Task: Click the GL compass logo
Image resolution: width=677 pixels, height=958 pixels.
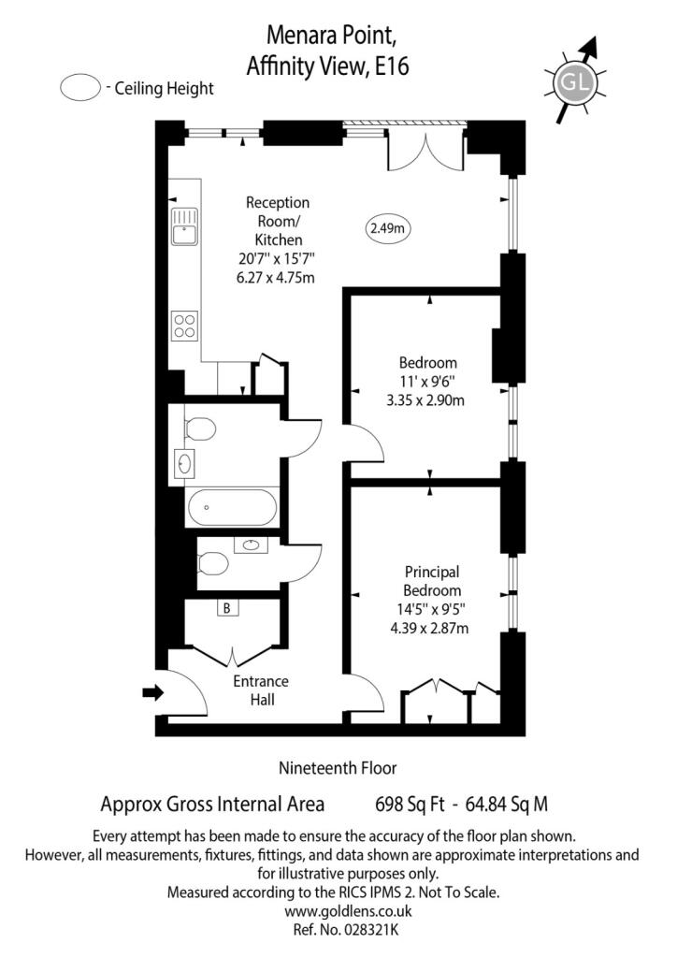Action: tap(572, 83)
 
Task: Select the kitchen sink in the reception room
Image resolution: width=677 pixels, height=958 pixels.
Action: tap(184, 225)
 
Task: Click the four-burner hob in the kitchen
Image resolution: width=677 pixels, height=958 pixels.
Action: tap(184, 325)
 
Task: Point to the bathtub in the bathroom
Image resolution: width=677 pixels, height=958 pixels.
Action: tap(232, 508)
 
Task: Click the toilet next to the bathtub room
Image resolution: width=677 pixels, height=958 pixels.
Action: tap(199, 428)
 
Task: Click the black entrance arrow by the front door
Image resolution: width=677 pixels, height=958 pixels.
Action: tap(152, 692)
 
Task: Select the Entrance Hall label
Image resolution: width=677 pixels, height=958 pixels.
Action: tap(261, 689)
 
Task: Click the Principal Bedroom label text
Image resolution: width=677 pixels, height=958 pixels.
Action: tap(432, 581)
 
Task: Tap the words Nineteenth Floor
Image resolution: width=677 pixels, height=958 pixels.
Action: tap(338, 768)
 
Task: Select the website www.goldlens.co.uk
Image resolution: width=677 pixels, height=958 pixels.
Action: tap(338, 910)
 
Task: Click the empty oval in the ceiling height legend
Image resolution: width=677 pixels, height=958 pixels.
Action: tap(80, 89)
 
